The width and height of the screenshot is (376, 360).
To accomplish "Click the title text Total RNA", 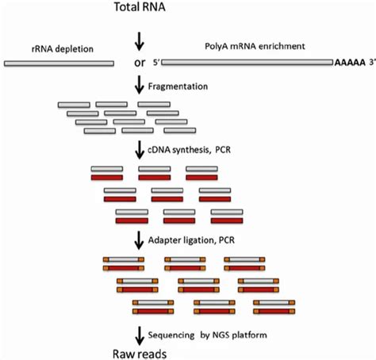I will pos(141,10).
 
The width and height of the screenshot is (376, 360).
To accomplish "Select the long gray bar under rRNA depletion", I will pos(59,62).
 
